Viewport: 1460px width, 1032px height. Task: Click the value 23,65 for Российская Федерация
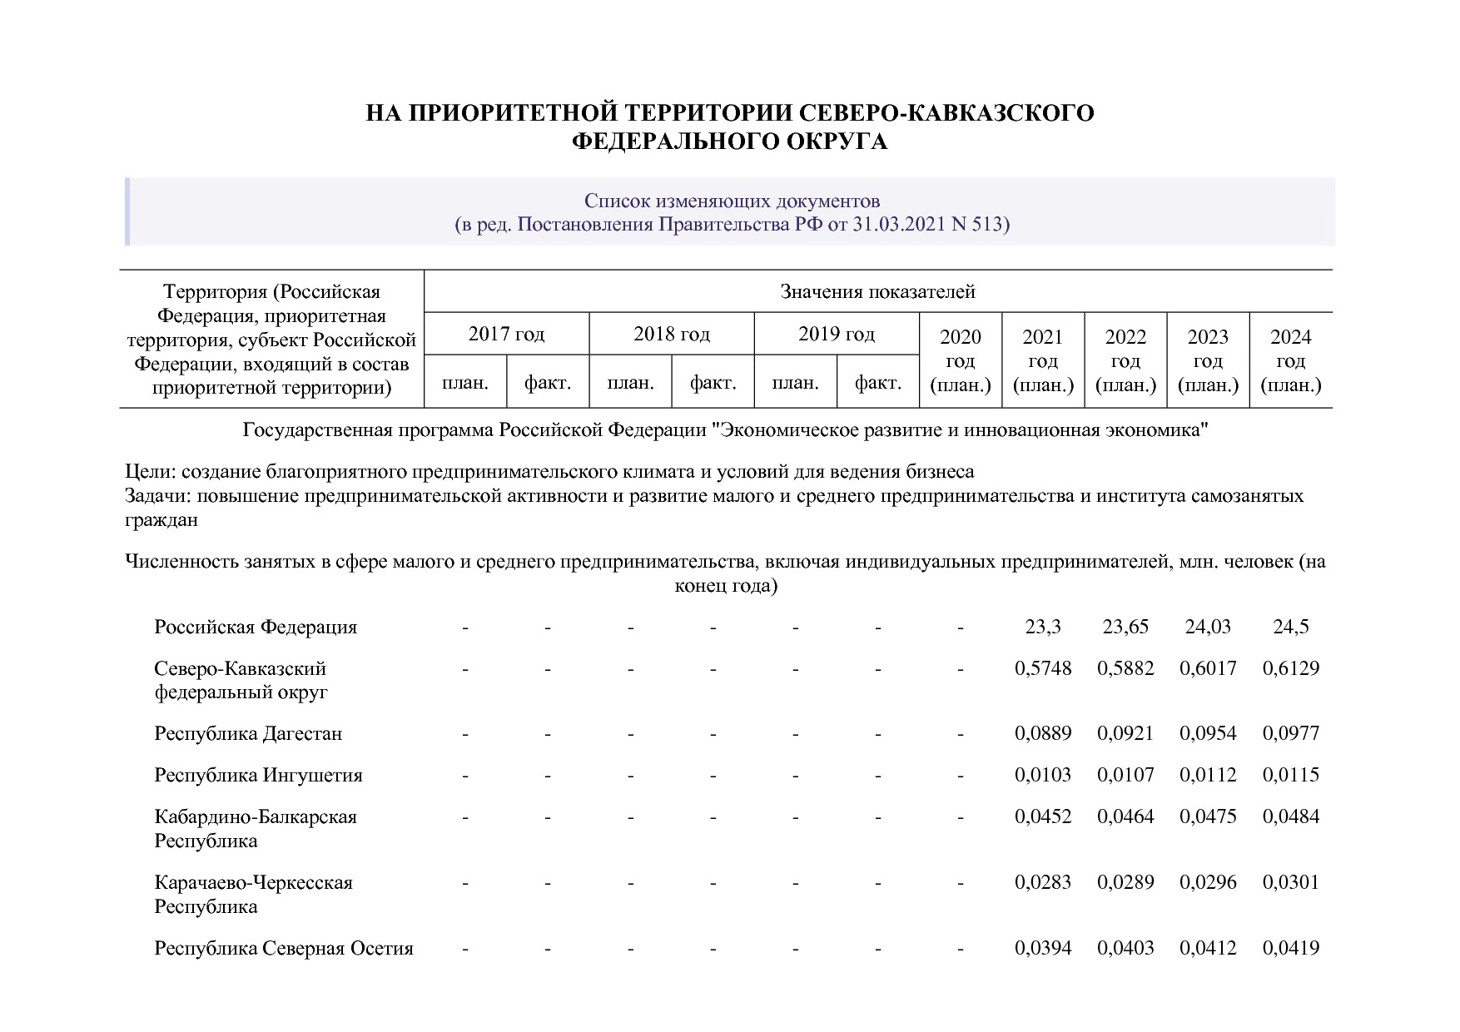[1125, 627]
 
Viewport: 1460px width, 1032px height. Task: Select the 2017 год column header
[506, 335]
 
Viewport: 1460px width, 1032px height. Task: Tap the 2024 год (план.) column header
[1290, 360]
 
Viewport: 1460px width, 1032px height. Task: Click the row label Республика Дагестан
[248, 734]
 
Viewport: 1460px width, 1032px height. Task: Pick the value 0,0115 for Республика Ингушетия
[1290, 775]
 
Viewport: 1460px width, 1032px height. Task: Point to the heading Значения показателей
[877, 292]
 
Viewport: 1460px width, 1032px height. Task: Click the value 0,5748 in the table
[1043, 668]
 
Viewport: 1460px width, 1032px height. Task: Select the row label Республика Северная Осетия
[284, 949]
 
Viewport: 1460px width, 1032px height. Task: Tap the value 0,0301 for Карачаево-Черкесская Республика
[1290, 882]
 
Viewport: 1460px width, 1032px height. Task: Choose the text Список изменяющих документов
[732, 201]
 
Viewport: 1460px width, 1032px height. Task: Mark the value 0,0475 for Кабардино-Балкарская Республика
[1208, 816]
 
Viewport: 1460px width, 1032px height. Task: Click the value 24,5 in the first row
[1290, 627]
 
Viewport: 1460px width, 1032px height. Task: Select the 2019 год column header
[837, 335]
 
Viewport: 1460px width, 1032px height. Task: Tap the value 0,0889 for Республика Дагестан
[1043, 734]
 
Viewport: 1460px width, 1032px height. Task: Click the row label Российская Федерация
[256, 628]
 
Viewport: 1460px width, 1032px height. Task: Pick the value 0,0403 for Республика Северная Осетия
[1125, 948]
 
